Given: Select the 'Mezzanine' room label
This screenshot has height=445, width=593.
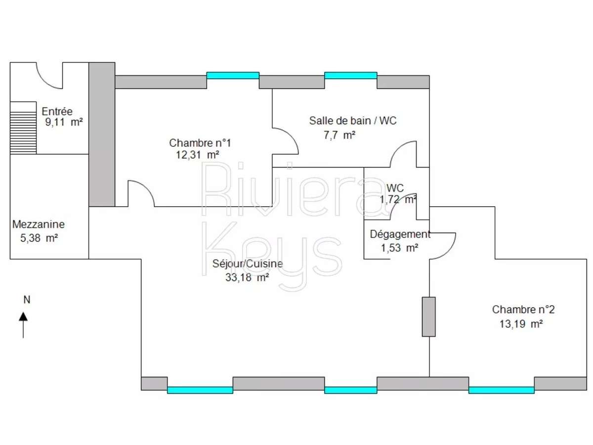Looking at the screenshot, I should coord(39,224).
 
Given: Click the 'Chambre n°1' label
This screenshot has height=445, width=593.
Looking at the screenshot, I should coord(200,143).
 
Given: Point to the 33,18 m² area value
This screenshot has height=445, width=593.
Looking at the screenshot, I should coord(247,278).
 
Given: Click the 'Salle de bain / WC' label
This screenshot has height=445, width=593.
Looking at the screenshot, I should coord(353,120).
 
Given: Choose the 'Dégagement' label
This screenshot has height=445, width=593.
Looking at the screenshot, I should coord(400,234).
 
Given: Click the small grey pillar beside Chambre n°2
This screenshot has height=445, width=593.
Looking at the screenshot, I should coord(428,317).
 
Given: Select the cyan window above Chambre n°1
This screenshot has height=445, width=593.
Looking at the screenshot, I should coord(232,76).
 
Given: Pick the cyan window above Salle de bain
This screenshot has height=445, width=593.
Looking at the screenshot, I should coord(350,76).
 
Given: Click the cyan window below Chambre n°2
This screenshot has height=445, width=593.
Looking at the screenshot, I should coord(501,390).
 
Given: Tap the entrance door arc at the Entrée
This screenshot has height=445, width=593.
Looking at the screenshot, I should coord(49,77).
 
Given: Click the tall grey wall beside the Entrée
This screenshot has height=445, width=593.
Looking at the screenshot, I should coord(102,134).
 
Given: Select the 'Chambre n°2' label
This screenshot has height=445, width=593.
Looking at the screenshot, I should coord(523,310).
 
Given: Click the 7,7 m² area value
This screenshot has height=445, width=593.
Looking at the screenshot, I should coord(339,134).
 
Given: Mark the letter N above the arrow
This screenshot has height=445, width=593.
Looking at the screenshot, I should coord(27,299).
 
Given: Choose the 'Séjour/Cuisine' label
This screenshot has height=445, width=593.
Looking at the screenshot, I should coord(248,264).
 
